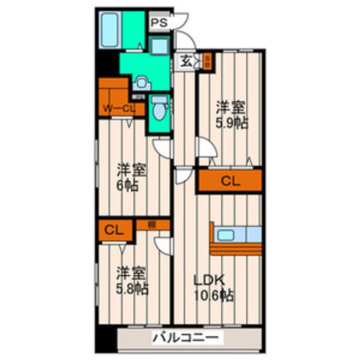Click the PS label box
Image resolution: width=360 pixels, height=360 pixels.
coord(158,22)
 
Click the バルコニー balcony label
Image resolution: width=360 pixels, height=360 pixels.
coord(185,338)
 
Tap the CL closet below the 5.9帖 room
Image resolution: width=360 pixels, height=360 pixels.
coord(230,181)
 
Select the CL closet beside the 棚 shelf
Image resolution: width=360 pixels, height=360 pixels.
coord(114,230)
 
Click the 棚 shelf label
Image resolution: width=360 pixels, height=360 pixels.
coord(152,225)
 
